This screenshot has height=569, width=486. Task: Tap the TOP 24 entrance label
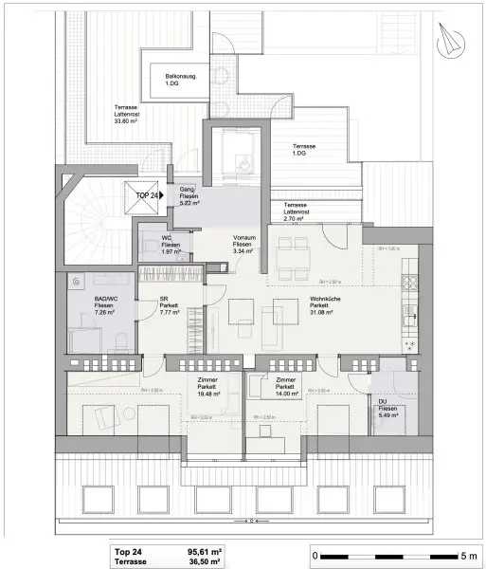point(148,194)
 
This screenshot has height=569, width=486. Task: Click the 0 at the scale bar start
point(315,554)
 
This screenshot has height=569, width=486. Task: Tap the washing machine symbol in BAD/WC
point(77,281)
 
